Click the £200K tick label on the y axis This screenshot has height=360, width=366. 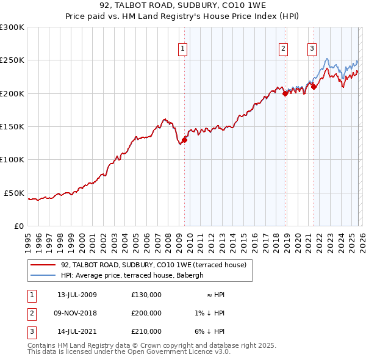tap(12, 93)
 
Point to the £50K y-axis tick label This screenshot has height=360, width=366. tap(14, 193)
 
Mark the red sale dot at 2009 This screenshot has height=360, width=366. tap(184, 140)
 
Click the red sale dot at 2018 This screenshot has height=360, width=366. tap(285, 93)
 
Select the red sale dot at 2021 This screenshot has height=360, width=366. tap(314, 87)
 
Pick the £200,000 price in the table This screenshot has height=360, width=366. tap(146, 313)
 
